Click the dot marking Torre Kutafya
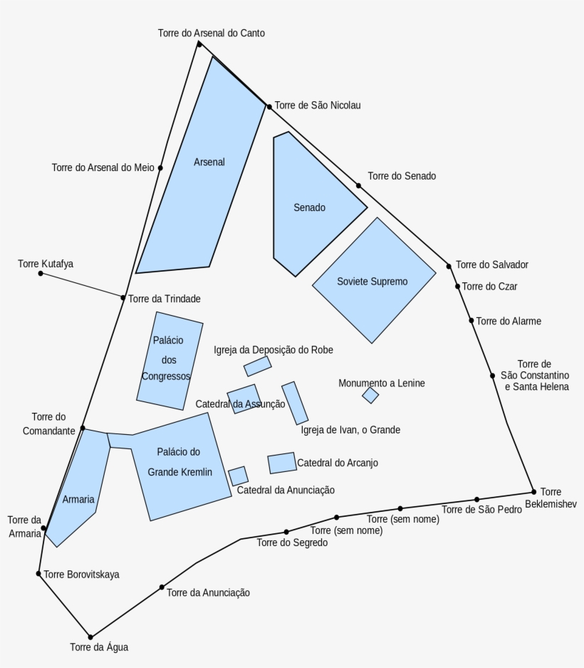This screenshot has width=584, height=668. [41, 273]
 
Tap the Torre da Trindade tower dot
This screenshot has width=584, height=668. [122, 298]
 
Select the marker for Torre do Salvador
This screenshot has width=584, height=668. [449, 266]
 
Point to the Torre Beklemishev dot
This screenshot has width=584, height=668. [533, 492]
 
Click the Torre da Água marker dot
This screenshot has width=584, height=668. [90, 637]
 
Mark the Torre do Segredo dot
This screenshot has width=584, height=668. [286, 532]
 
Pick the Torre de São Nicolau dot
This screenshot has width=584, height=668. [269, 107]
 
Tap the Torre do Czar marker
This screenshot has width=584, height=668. [458, 287]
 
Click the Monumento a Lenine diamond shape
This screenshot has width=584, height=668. [370, 395]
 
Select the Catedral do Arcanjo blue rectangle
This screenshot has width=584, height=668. [282, 463]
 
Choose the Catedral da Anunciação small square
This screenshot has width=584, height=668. [238, 476]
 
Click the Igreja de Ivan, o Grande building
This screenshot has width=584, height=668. [295, 403]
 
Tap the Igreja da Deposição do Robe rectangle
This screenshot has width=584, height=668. [257, 366]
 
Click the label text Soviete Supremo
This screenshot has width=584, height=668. [372, 282]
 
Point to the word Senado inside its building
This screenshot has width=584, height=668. [309, 207]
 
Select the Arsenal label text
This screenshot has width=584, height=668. [209, 162]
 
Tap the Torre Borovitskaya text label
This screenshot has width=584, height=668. [81, 574]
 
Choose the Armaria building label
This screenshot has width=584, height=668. [78, 499]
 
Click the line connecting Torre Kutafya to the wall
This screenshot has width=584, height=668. [82, 285]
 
